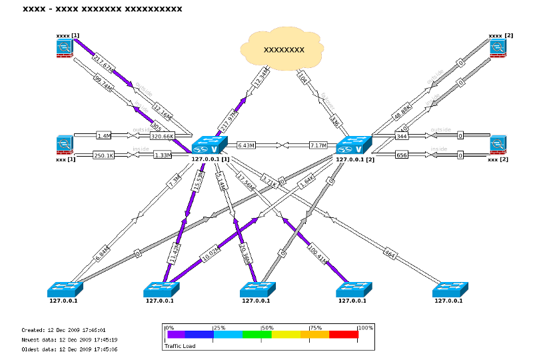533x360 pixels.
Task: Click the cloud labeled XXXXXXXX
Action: [x=284, y=49]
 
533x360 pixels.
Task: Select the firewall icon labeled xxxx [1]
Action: [x=65, y=48]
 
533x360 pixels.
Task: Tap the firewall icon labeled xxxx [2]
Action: [x=498, y=48]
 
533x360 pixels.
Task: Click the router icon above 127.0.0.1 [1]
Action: [x=209, y=145]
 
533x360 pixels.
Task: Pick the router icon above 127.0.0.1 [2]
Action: [x=353, y=145]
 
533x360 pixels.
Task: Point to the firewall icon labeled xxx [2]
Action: [x=498, y=145]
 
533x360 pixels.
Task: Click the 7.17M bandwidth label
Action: [x=318, y=145]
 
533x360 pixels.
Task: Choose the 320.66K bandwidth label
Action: [x=163, y=136]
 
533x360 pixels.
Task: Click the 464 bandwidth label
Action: [x=389, y=253]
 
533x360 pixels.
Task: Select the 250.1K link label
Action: [x=104, y=155]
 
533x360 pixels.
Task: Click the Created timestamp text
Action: [x=64, y=330]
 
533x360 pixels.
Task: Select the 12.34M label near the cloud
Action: [x=261, y=77]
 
